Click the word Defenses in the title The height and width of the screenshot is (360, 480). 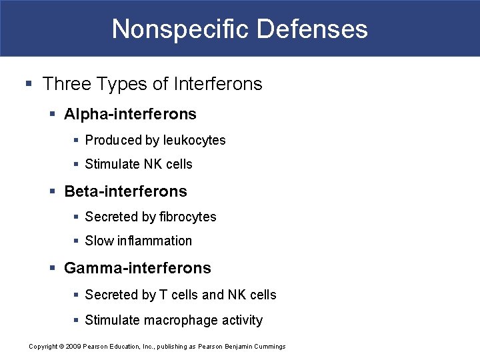[312, 29]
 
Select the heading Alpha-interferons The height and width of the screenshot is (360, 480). [130, 114]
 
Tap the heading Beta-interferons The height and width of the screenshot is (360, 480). [125, 191]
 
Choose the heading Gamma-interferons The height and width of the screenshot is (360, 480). [137, 268]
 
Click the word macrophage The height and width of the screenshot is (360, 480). [177, 321]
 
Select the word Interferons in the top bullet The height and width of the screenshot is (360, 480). [217, 84]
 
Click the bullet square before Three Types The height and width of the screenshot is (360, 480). [28, 85]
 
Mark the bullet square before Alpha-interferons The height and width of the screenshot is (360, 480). [53, 115]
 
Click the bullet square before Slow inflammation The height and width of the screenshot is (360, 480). [76, 241]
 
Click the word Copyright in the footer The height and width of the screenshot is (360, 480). [43, 347]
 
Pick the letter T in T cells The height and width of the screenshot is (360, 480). [162, 295]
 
